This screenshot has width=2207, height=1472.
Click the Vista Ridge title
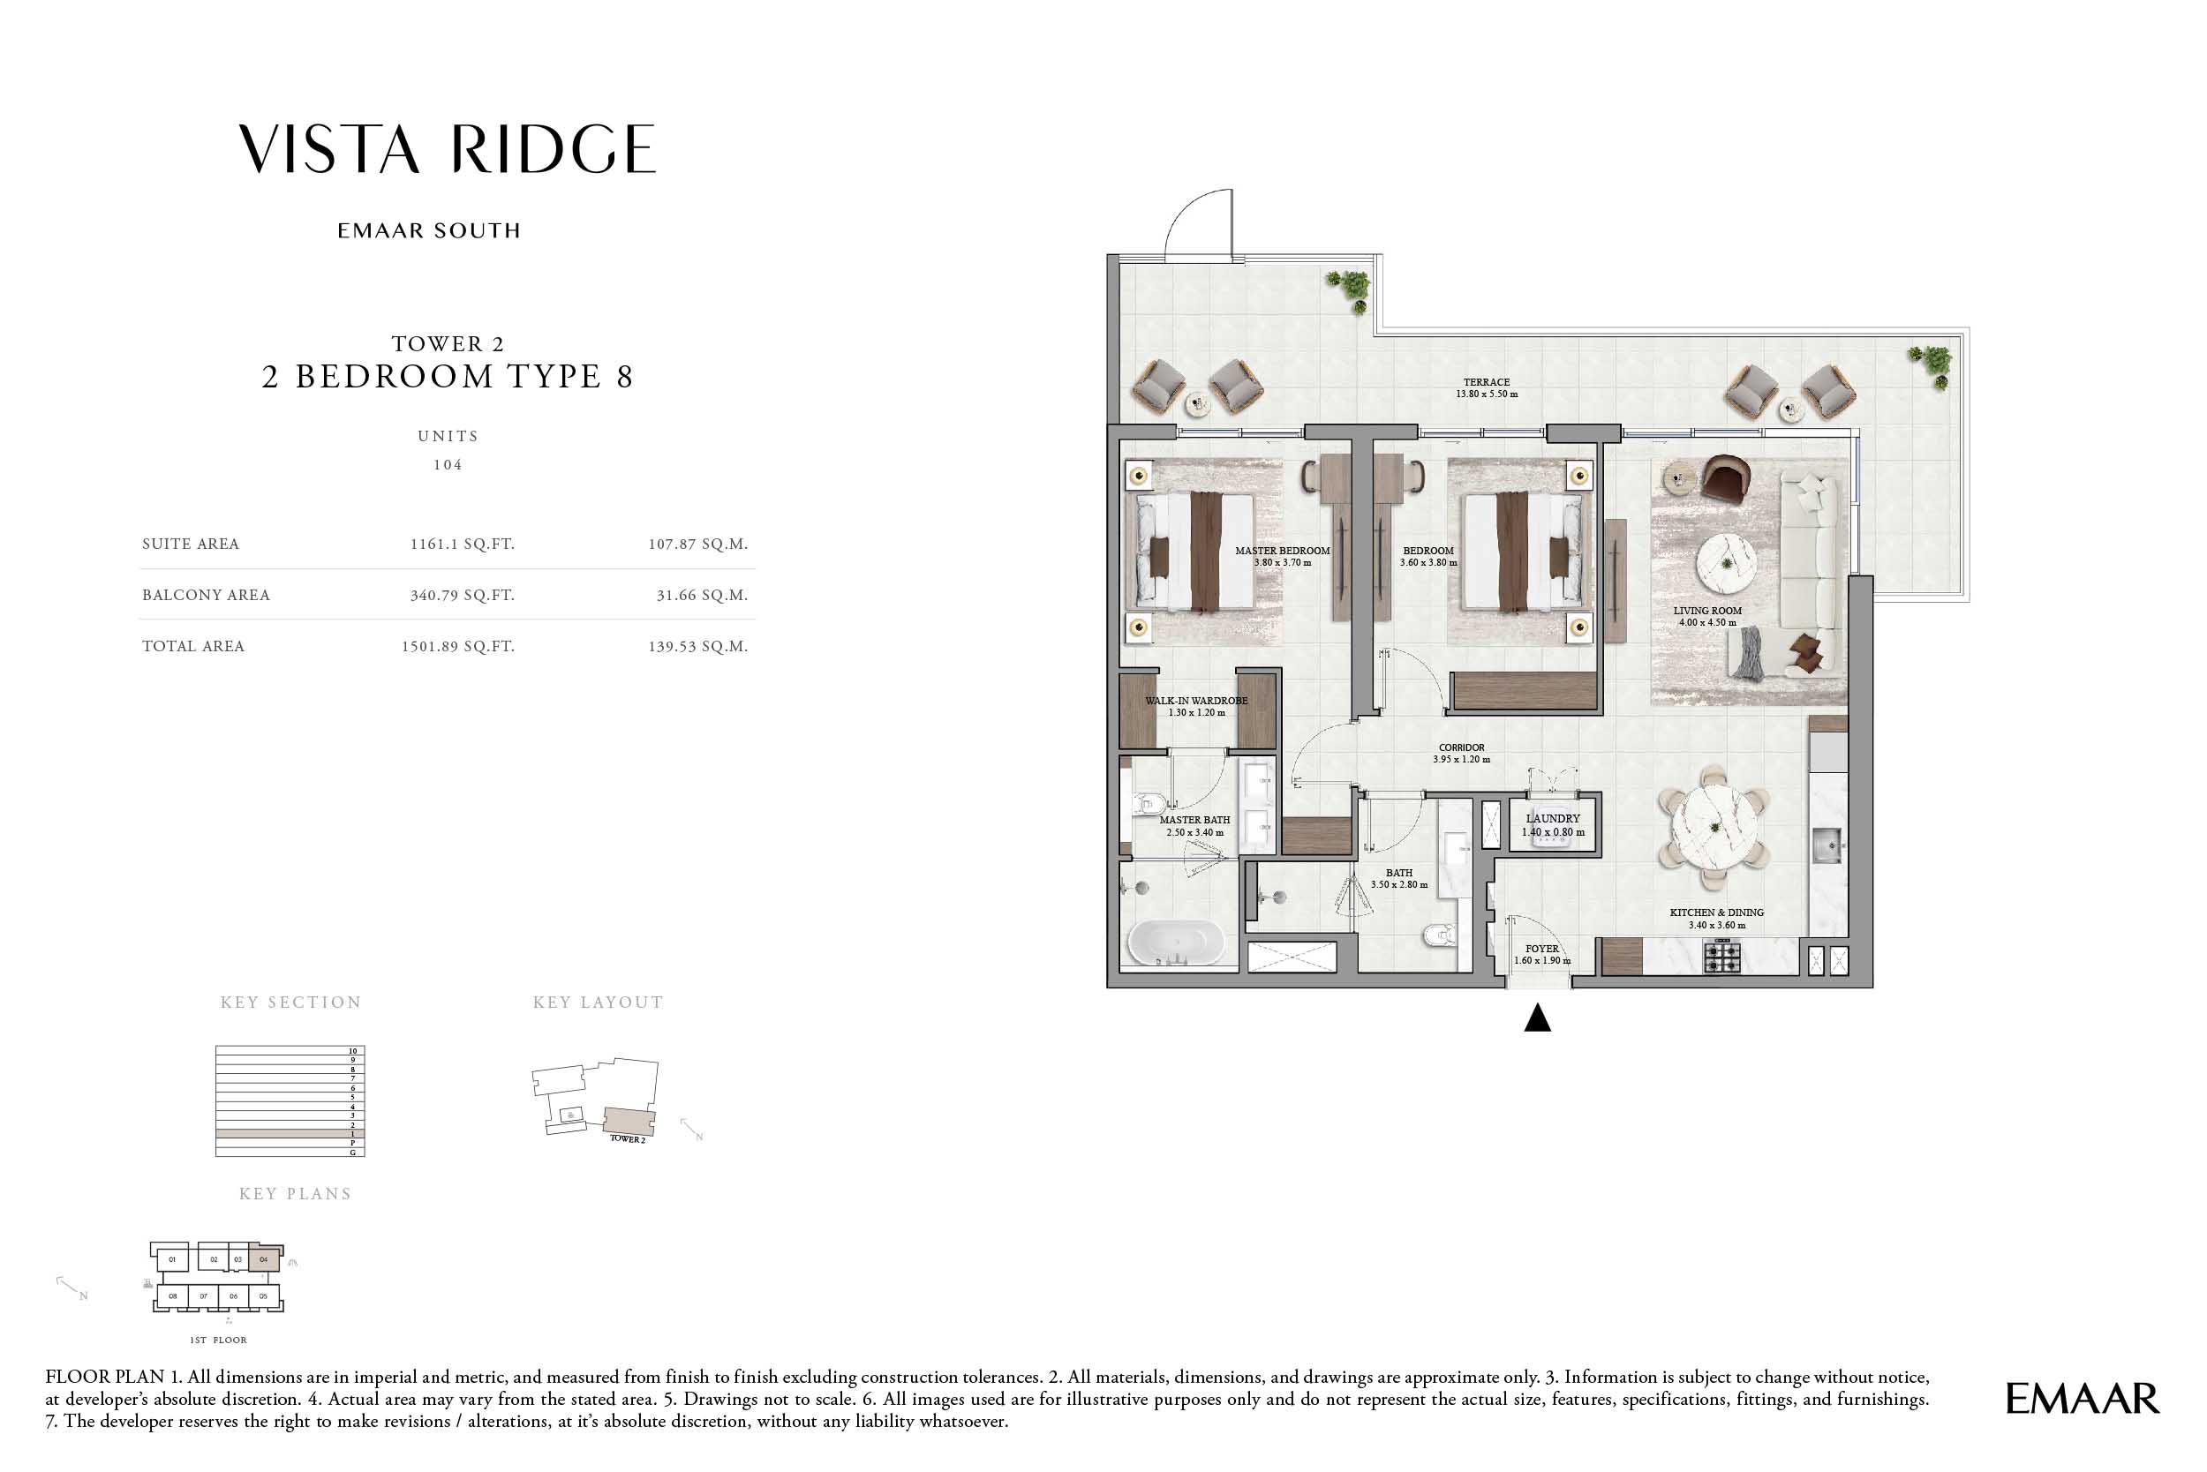point(447,149)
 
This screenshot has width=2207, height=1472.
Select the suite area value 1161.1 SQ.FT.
point(462,544)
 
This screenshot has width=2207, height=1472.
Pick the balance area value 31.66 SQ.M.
point(702,595)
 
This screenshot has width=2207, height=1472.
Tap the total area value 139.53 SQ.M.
point(697,647)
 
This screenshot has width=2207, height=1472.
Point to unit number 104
point(448,465)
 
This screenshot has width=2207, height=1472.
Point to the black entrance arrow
point(1537,1018)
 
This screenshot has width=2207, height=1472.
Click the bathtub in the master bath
point(1176,942)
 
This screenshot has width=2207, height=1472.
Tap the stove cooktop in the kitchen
point(1722,957)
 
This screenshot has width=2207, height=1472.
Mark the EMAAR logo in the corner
point(2083,1399)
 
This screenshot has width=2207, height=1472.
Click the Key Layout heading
point(599,1003)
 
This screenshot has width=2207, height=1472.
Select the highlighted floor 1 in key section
point(290,1134)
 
